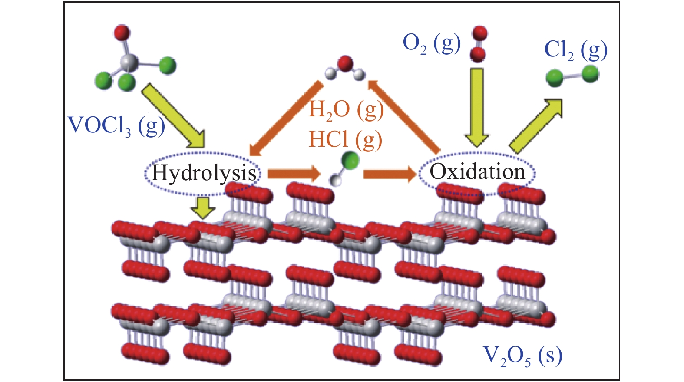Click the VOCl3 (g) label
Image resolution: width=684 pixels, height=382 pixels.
[116, 126]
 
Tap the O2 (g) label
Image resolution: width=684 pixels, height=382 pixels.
[431, 44]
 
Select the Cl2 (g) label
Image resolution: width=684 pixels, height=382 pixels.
[575, 50]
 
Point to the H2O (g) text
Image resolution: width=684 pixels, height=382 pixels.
[346, 109]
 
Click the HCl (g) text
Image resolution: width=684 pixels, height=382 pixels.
[345, 140]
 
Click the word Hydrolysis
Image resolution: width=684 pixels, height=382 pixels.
[203, 173]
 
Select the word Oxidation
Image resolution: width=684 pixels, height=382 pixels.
[477, 172]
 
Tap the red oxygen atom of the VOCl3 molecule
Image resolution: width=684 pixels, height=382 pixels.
[122, 33]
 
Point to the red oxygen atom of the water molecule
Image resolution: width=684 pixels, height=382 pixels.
[345, 63]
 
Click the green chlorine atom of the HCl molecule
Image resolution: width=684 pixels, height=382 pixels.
[350, 160]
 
